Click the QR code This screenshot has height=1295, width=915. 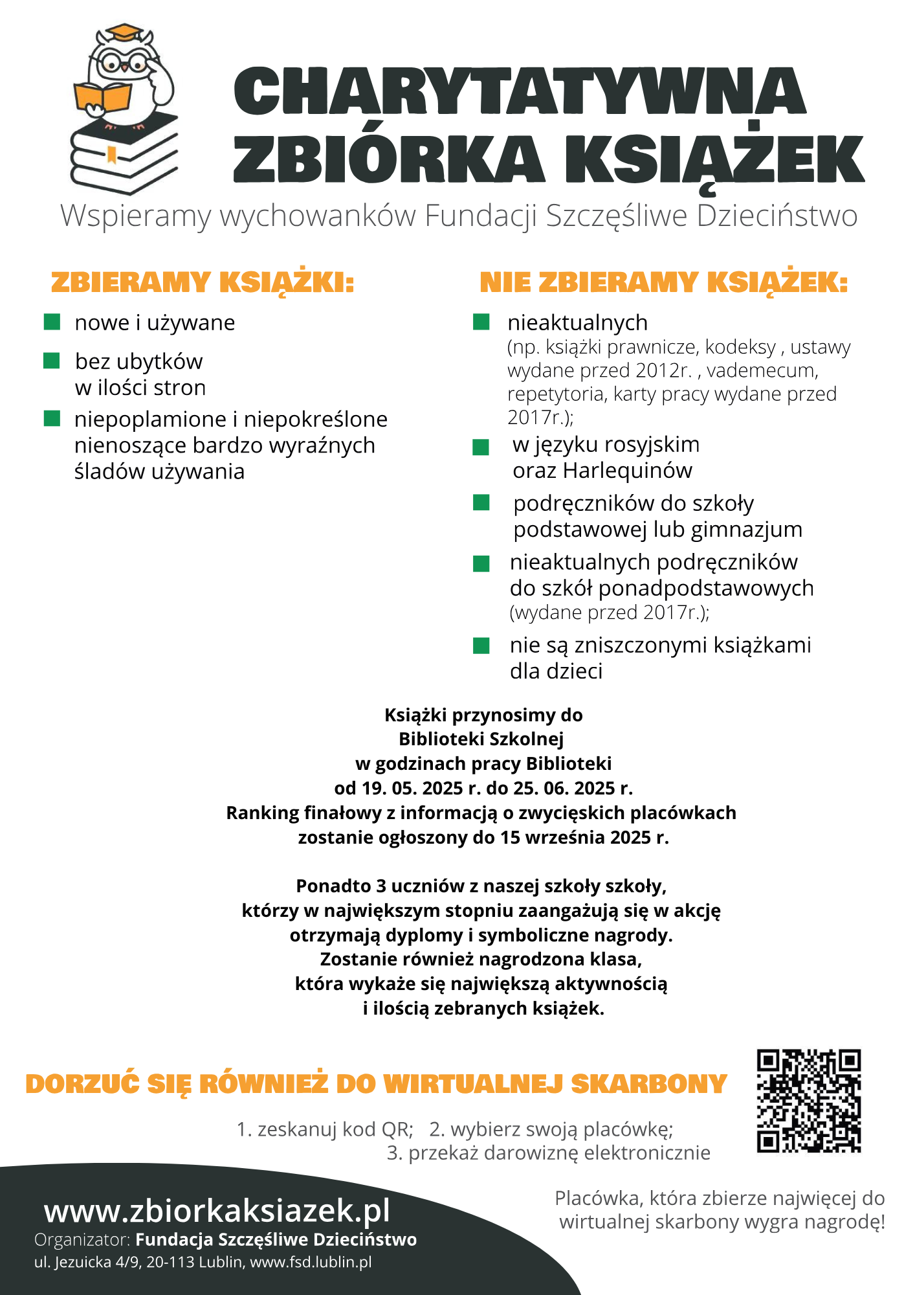tap(808, 1101)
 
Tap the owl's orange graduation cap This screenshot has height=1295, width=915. tap(124, 32)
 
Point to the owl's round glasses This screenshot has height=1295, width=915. tap(123, 63)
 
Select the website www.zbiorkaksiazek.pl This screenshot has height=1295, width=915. tap(217, 1211)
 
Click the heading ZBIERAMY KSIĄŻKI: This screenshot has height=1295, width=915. tap(203, 283)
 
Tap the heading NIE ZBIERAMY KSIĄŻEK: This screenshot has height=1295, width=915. tap(663, 283)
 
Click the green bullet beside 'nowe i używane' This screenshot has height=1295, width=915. tap(52, 322)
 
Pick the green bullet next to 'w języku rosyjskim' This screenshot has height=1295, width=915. tap(481, 447)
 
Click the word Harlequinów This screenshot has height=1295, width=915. tap(628, 471)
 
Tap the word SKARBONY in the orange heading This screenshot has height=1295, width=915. tap(649, 1084)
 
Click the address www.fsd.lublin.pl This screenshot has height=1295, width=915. tap(311, 1262)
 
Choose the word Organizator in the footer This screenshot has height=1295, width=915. tap(82, 1240)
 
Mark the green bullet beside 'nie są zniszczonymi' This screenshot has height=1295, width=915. tap(481, 646)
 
